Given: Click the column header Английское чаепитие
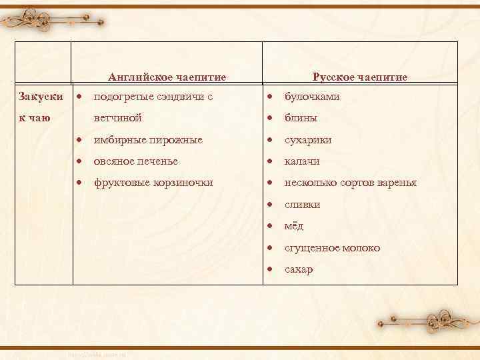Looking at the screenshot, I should pyautogui.click(x=167, y=77).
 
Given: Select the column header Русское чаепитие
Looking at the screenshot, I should pyautogui.click(x=360, y=77).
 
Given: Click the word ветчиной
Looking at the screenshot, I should pyautogui.click(x=118, y=118).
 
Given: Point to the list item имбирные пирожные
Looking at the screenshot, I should pyautogui.click(x=148, y=140).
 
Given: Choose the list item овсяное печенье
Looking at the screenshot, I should pyautogui.click(x=136, y=161).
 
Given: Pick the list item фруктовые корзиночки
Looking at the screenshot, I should pyautogui.click(x=153, y=183).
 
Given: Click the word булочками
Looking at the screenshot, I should pyautogui.click(x=312, y=97).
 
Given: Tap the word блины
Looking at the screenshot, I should pyautogui.click(x=301, y=118).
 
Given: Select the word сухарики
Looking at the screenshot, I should pyautogui.click(x=308, y=140).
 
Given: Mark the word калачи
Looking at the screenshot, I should pyautogui.click(x=302, y=161).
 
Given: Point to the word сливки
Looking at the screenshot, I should pyautogui.click(x=303, y=205).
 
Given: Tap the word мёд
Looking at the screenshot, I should pyautogui.click(x=294, y=226).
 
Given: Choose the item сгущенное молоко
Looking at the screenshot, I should pyautogui.click(x=333, y=248).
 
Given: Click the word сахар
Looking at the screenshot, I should pyautogui.click(x=299, y=269).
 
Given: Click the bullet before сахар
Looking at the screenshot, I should pyautogui.click(x=270, y=269).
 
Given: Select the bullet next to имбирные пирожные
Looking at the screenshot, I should pyautogui.click(x=79, y=140).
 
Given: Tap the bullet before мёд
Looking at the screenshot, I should pyautogui.click(x=270, y=226).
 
